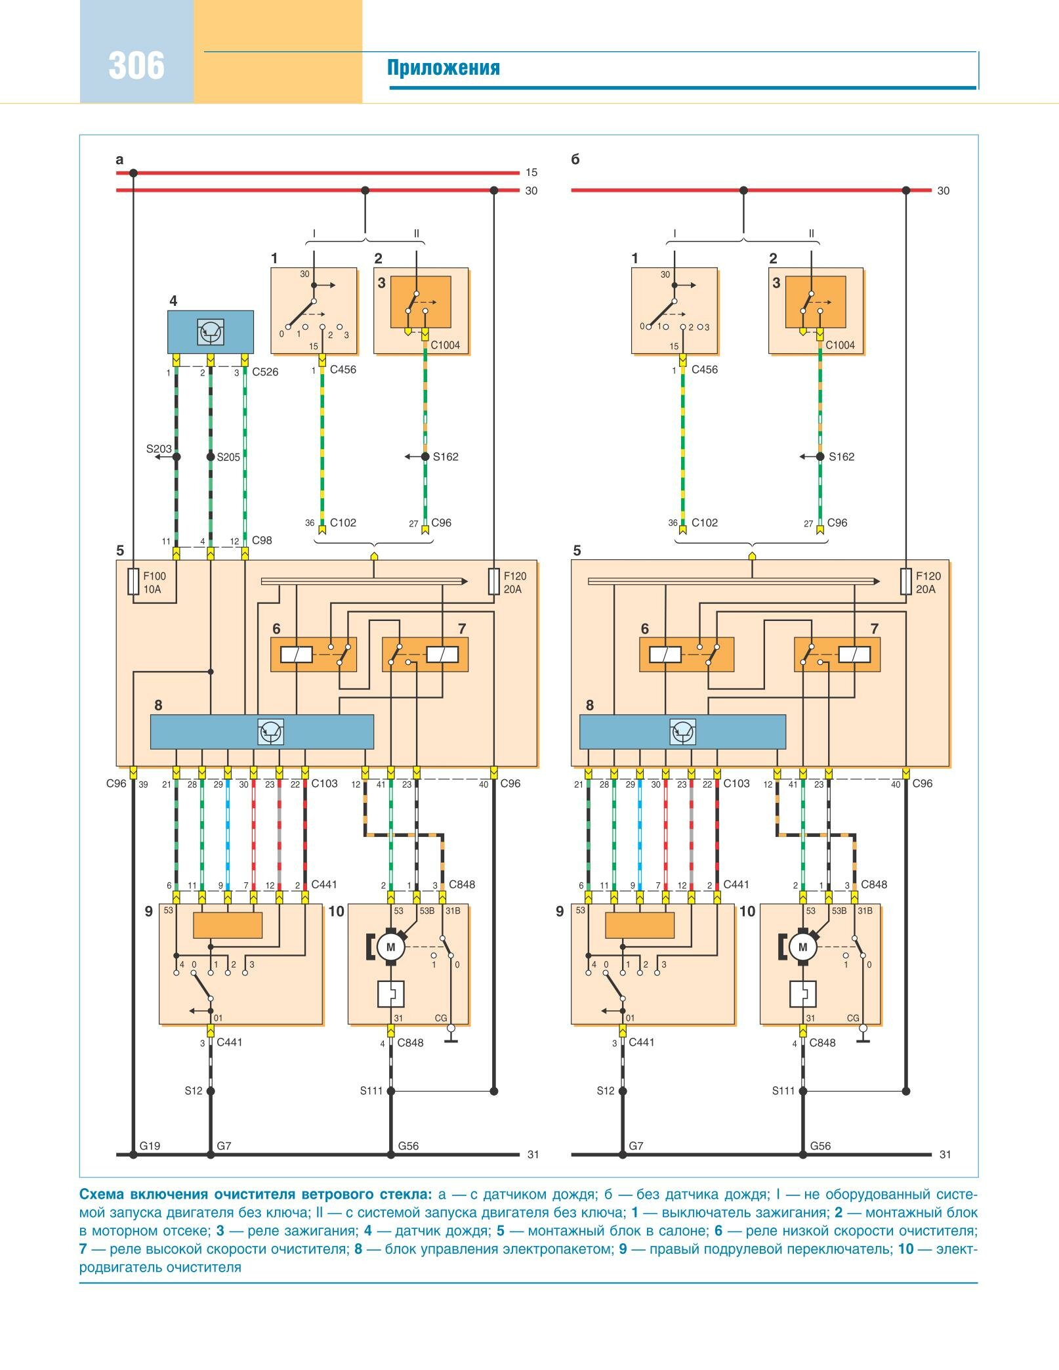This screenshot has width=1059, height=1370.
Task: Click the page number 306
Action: tap(136, 66)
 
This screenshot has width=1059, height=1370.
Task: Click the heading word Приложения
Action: tap(443, 68)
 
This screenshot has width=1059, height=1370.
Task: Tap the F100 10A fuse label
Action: tap(154, 582)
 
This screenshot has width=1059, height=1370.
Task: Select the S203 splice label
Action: tap(158, 449)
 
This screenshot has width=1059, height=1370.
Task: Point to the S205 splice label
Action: tap(228, 457)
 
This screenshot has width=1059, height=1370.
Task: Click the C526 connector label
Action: tap(265, 372)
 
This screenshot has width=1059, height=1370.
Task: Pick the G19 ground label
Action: tap(150, 1145)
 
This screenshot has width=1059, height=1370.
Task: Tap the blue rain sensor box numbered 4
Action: tap(210, 332)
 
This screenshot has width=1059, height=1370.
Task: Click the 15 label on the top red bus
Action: tap(531, 173)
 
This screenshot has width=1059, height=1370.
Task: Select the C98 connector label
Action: tap(262, 540)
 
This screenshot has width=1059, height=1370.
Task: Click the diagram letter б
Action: tap(575, 160)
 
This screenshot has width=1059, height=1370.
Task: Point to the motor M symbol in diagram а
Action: tap(391, 947)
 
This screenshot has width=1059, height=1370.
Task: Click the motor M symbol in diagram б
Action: tap(802, 947)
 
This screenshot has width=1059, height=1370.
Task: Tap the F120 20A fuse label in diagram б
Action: tap(928, 582)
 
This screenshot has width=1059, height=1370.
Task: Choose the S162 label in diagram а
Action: tap(446, 457)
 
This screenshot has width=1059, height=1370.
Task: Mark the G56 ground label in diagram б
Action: tap(820, 1145)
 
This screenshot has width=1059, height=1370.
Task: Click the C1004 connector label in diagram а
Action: tap(445, 345)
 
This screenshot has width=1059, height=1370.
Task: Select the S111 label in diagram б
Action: tap(783, 1091)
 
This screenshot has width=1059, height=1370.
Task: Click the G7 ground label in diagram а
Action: tap(224, 1145)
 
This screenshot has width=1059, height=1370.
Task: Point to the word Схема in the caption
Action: tap(102, 1194)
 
